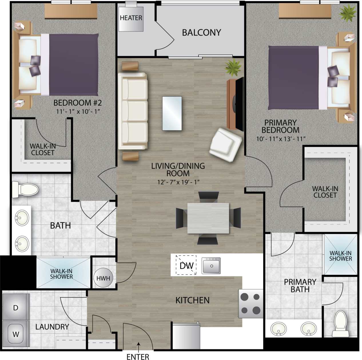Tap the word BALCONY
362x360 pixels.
202,33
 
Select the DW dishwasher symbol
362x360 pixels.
186,265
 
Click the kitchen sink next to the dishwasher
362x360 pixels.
211,266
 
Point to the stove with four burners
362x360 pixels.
251,303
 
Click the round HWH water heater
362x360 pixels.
103,278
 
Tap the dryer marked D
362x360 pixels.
16,308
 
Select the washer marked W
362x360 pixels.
16,334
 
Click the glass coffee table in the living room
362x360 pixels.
172,114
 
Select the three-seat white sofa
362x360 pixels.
133,111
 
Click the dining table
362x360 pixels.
208,218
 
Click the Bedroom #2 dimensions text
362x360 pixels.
78,111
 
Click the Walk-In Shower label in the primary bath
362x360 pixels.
340,256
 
